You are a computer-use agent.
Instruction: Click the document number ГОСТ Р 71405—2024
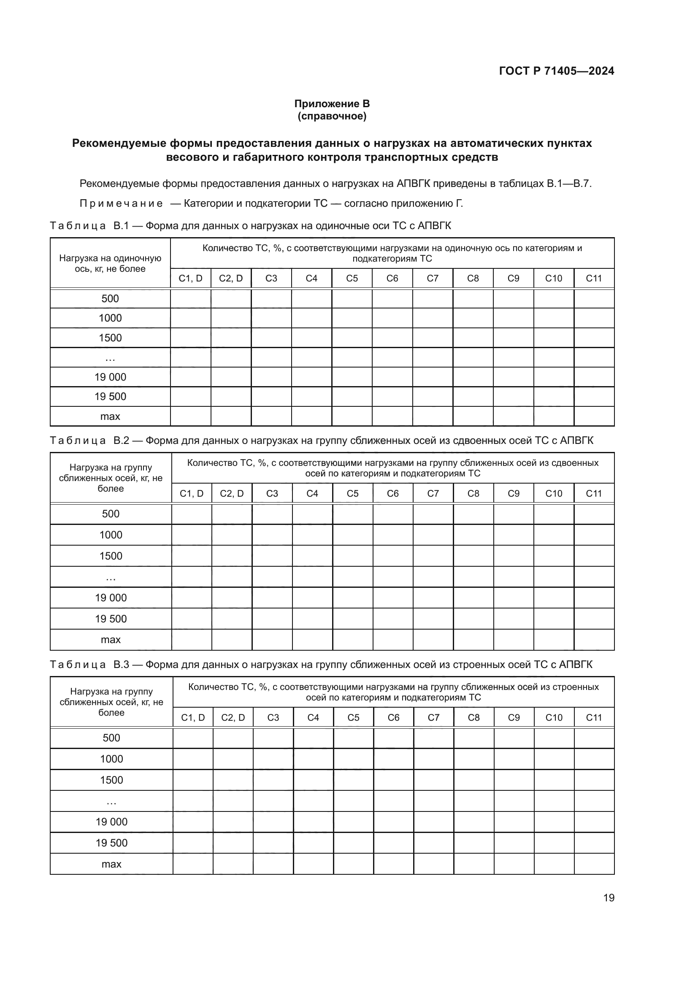pyautogui.click(x=556, y=71)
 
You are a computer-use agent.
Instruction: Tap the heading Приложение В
pyautogui.click(x=332, y=104)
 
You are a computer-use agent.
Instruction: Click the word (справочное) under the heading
pyautogui.click(x=332, y=116)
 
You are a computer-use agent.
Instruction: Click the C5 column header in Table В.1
pyautogui.click(x=352, y=278)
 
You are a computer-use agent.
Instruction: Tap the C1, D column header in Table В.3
pyautogui.click(x=193, y=717)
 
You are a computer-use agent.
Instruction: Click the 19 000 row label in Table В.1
pyautogui.click(x=111, y=377)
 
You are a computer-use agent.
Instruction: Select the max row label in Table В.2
pyautogui.click(x=111, y=640)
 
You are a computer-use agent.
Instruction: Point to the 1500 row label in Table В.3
pyautogui.click(x=111, y=780)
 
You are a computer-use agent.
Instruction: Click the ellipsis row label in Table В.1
pyautogui.click(x=111, y=358)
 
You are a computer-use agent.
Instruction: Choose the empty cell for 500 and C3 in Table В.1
pyautogui.click(x=271, y=299)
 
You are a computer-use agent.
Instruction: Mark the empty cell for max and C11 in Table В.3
pyautogui.click(x=594, y=864)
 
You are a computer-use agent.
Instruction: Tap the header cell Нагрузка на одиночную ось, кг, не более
pyautogui.click(x=110, y=263)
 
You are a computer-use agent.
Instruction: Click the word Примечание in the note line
pyautogui.click(x=121, y=204)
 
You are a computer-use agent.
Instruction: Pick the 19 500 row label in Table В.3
pyautogui.click(x=111, y=843)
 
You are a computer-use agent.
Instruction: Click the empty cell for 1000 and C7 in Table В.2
pyautogui.click(x=433, y=535)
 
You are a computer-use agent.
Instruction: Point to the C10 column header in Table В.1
pyautogui.click(x=553, y=278)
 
